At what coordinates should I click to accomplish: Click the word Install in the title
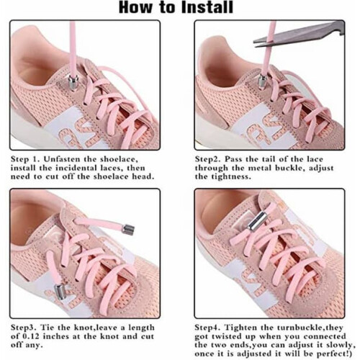click(207, 7)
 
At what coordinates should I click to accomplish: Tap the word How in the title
click(135, 7)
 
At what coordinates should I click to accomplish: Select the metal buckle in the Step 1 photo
click(73, 83)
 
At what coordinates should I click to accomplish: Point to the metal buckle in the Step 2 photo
click(262, 81)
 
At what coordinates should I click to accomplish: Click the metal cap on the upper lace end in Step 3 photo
click(128, 229)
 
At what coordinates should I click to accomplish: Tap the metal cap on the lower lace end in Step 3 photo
click(60, 291)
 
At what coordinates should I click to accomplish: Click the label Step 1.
click(25, 159)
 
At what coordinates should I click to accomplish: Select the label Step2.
click(207, 159)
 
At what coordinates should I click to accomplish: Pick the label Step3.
click(24, 328)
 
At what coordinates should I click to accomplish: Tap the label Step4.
click(208, 328)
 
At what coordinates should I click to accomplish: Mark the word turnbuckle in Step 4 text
click(302, 328)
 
